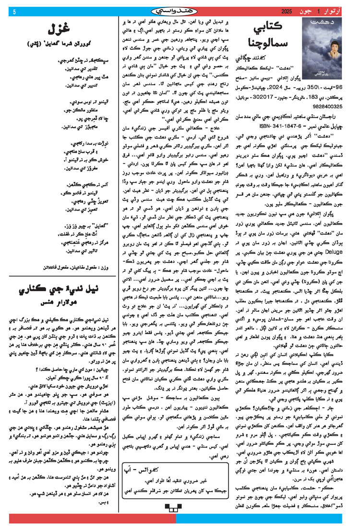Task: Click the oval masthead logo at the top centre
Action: click(180, 10)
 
